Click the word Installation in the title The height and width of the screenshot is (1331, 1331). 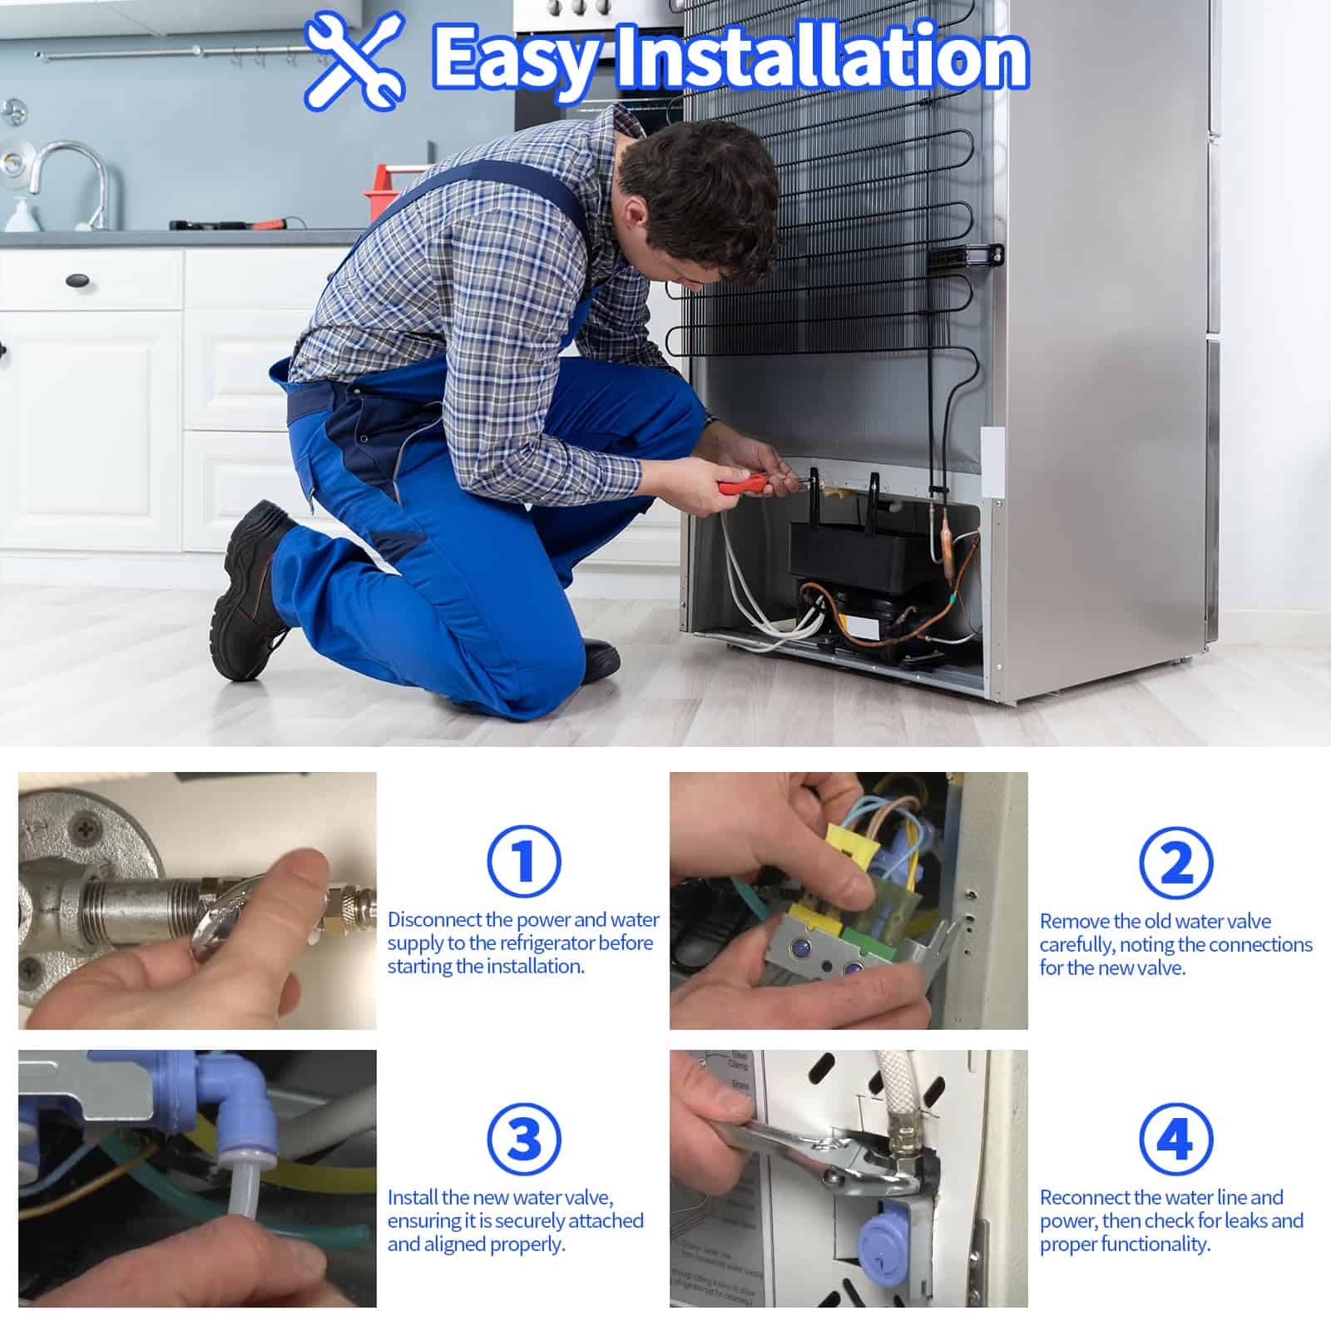coord(820,57)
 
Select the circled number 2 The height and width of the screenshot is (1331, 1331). coord(1175,863)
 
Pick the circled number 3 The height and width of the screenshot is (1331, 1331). coord(522,1139)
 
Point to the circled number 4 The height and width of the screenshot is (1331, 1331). coord(1175,1139)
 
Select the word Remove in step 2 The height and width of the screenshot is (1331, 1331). coord(1074,921)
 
